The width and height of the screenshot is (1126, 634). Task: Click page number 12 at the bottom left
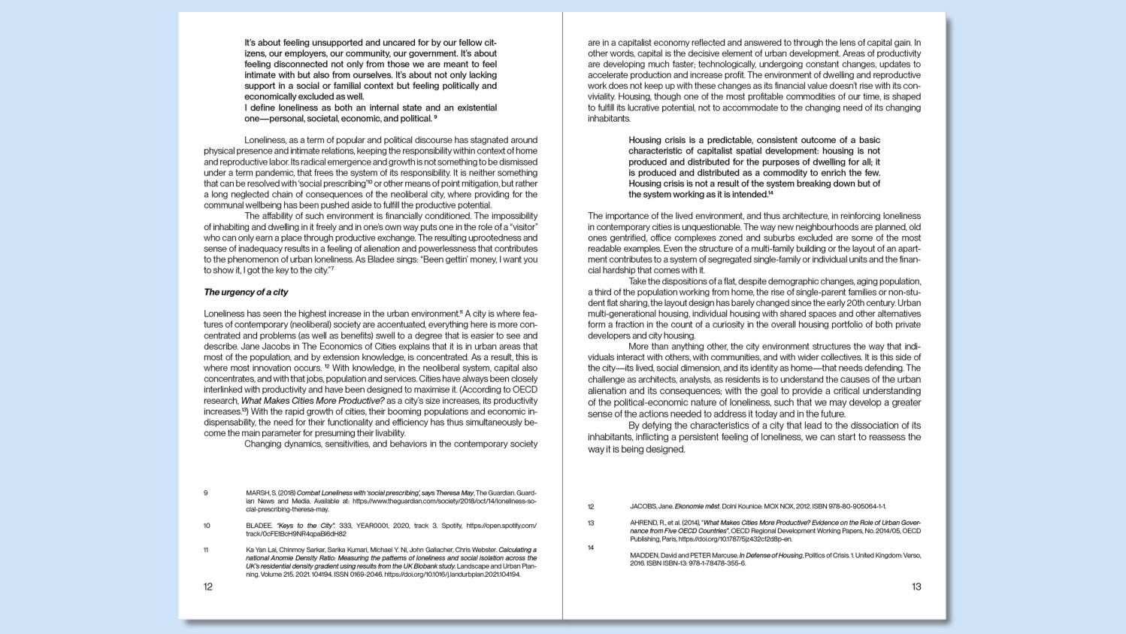coord(208,587)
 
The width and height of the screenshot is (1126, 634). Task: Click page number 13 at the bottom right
coord(916,587)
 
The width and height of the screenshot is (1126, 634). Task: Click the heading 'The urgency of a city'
coord(246,292)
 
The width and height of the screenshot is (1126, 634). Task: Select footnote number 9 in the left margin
coord(206,493)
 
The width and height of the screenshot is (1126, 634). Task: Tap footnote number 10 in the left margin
coord(207,526)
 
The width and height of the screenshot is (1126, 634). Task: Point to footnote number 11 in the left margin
coord(207,550)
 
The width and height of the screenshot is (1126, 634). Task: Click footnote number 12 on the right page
coord(591,507)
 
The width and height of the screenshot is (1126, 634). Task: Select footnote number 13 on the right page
coord(591,523)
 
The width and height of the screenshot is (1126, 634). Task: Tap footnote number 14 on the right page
coord(591,548)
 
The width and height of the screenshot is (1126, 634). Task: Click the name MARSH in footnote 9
coord(258,493)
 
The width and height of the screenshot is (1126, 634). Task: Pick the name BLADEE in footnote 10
coord(259,526)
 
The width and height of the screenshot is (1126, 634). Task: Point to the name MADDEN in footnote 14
coord(646,556)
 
